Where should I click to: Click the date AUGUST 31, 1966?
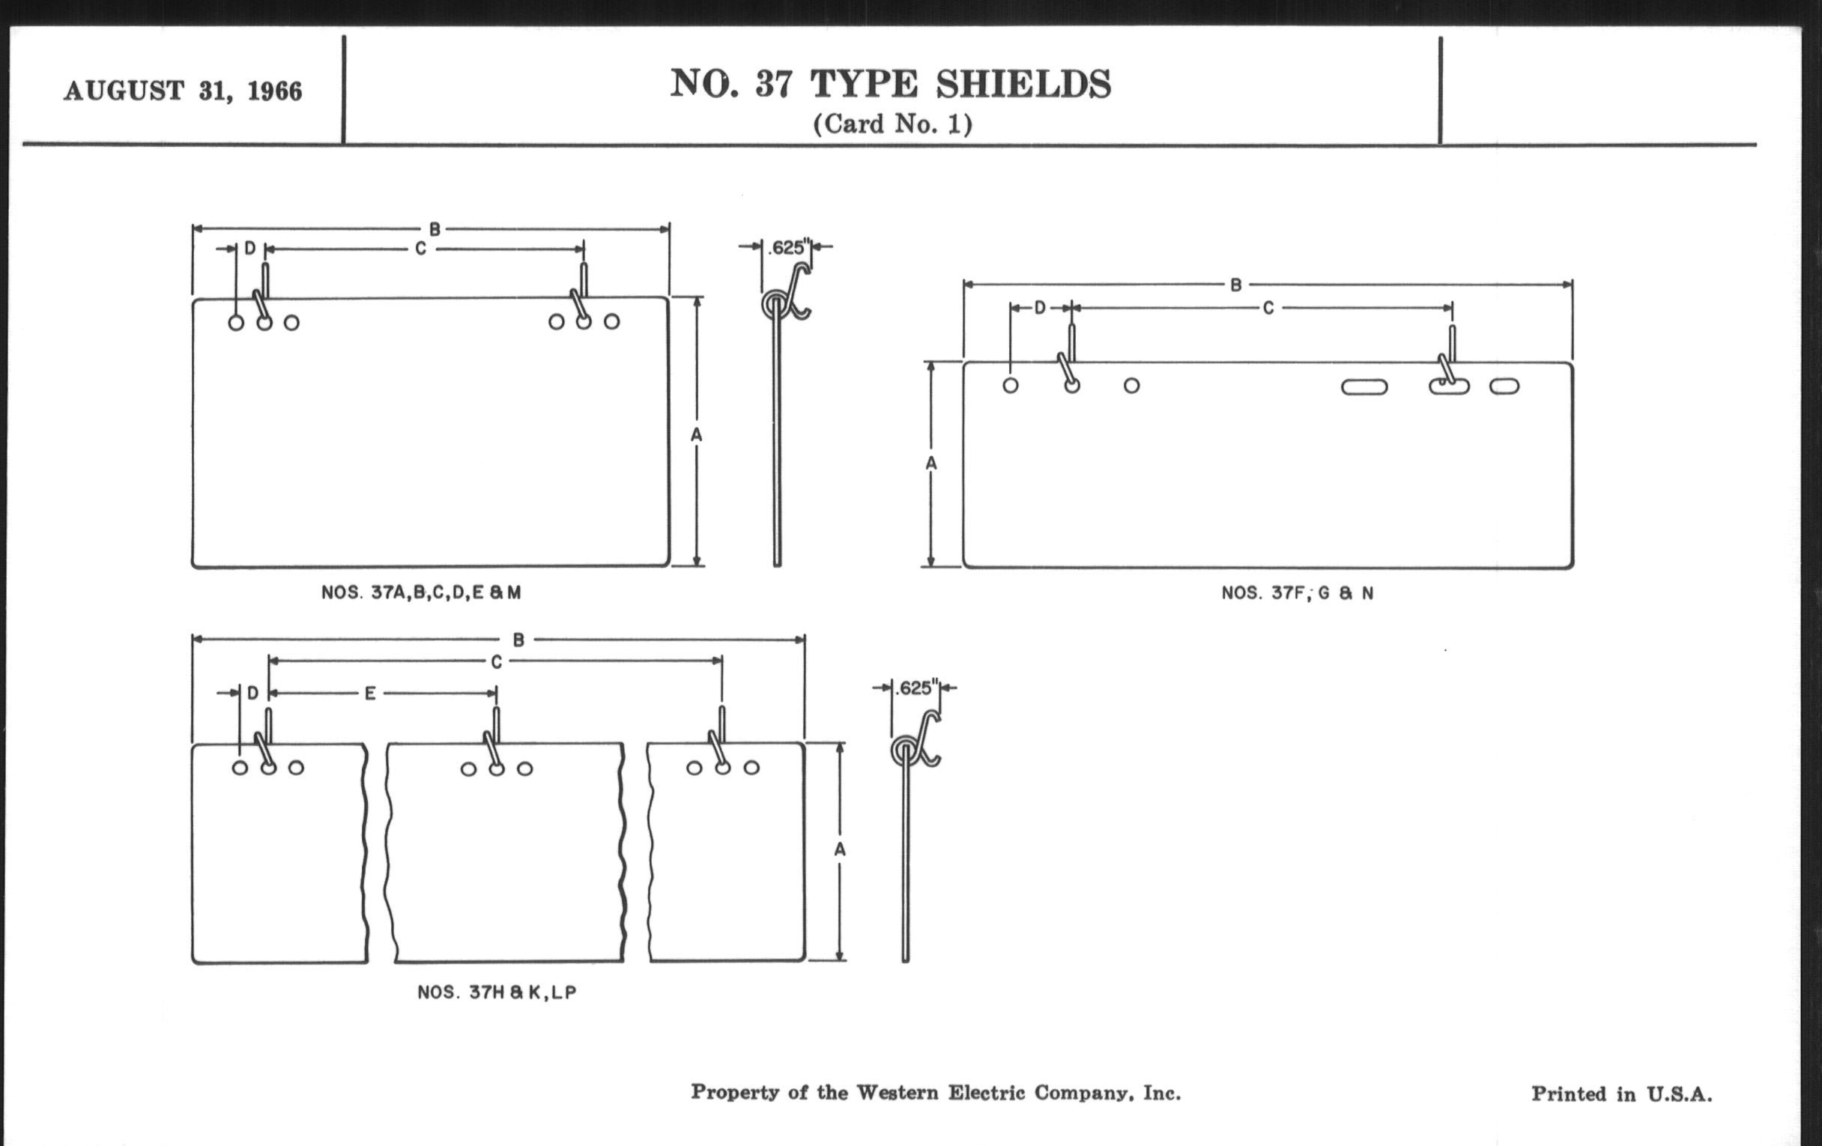click(x=183, y=91)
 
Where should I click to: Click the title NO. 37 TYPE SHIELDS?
click(x=891, y=83)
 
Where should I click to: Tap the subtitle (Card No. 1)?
click(x=893, y=124)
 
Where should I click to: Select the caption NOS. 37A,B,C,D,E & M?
click(x=422, y=592)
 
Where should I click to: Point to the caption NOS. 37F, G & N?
click(x=1298, y=593)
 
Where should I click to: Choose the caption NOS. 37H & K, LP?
click(x=497, y=992)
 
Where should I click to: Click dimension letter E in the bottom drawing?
click(x=370, y=693)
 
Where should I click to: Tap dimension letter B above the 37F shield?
click(x=1235, y=285)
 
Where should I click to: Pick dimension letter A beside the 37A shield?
click(x=697, y=434)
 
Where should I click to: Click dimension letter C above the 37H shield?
click(x=497, y=662)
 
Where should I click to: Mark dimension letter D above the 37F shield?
click(x=1041, y=308)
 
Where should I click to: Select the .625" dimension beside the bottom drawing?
click(x=916, y=688)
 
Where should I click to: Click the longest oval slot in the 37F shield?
click(x=1364, y=386)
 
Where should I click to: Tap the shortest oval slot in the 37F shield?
click(x=1504, y=386)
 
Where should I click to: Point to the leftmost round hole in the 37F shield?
click(x=1010, y=385)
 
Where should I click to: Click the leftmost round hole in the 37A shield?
click(x=236, y=323)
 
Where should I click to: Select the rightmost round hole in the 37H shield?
click(x=751, y=768)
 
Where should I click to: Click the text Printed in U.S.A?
click(x=1621, y=1094)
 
